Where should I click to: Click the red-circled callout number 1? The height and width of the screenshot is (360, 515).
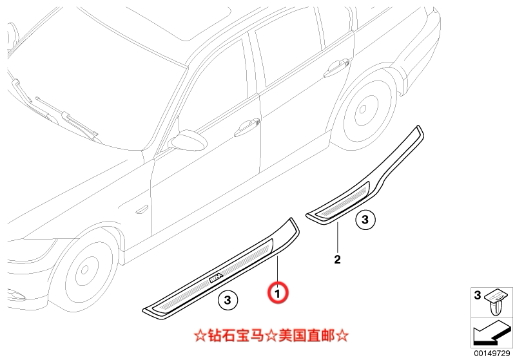(278, 293)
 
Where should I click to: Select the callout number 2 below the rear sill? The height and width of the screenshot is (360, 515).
(337, 260)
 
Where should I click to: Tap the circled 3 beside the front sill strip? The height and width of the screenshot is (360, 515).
(228, 300)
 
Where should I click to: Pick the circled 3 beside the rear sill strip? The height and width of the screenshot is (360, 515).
(365, 220)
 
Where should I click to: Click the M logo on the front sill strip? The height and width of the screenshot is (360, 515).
(216, 278)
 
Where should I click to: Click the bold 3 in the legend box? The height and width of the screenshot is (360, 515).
(478, 295)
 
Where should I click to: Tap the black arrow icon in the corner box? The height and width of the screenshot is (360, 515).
(492, 333)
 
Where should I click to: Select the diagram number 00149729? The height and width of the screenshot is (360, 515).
(492, 353)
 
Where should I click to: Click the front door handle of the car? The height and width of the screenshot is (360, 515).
(247, 128)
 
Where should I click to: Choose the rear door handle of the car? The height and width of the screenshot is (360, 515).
(336, 67)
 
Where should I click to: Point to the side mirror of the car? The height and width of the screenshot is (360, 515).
(188, 140)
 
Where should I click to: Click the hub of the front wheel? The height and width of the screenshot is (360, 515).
(84, 270)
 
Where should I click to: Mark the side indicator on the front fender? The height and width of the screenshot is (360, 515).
(142, 209)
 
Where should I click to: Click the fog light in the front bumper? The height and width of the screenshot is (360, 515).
(15, 294)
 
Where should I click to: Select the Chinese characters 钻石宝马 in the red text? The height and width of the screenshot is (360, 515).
(236, 336)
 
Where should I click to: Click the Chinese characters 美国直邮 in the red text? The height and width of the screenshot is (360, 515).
(307, 336)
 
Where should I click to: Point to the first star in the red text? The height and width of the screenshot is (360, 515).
(200, 336)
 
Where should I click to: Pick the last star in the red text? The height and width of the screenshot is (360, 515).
(342, 336)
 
